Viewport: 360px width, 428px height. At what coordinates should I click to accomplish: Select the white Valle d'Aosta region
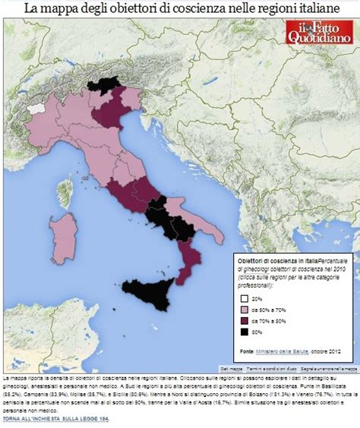coord(33,109)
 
